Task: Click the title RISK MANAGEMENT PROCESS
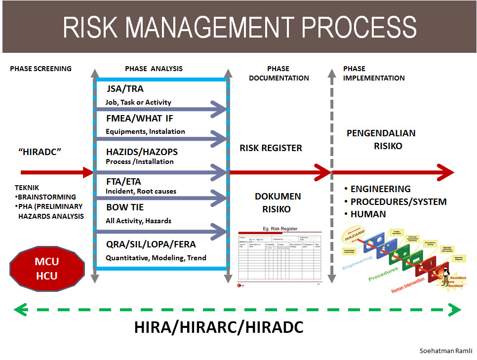tap(239, 28)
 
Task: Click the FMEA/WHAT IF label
tap(140, 119)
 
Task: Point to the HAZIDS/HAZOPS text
tap(142, 152)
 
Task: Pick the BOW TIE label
tap(125, 207)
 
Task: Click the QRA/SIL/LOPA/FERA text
tap(151, 244)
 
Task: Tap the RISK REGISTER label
tap(271, 148)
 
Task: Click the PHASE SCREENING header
tap(40, 69)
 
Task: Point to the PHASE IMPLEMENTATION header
tap(373, 73)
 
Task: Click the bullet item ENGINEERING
tap(380, 189)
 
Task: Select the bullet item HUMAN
tap(368, 214)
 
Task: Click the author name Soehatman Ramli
tap(445, 351)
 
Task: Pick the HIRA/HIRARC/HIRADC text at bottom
tap(219, 327)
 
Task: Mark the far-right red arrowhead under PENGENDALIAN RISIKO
tap(445, 172)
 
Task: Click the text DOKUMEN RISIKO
tap(278, 202)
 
